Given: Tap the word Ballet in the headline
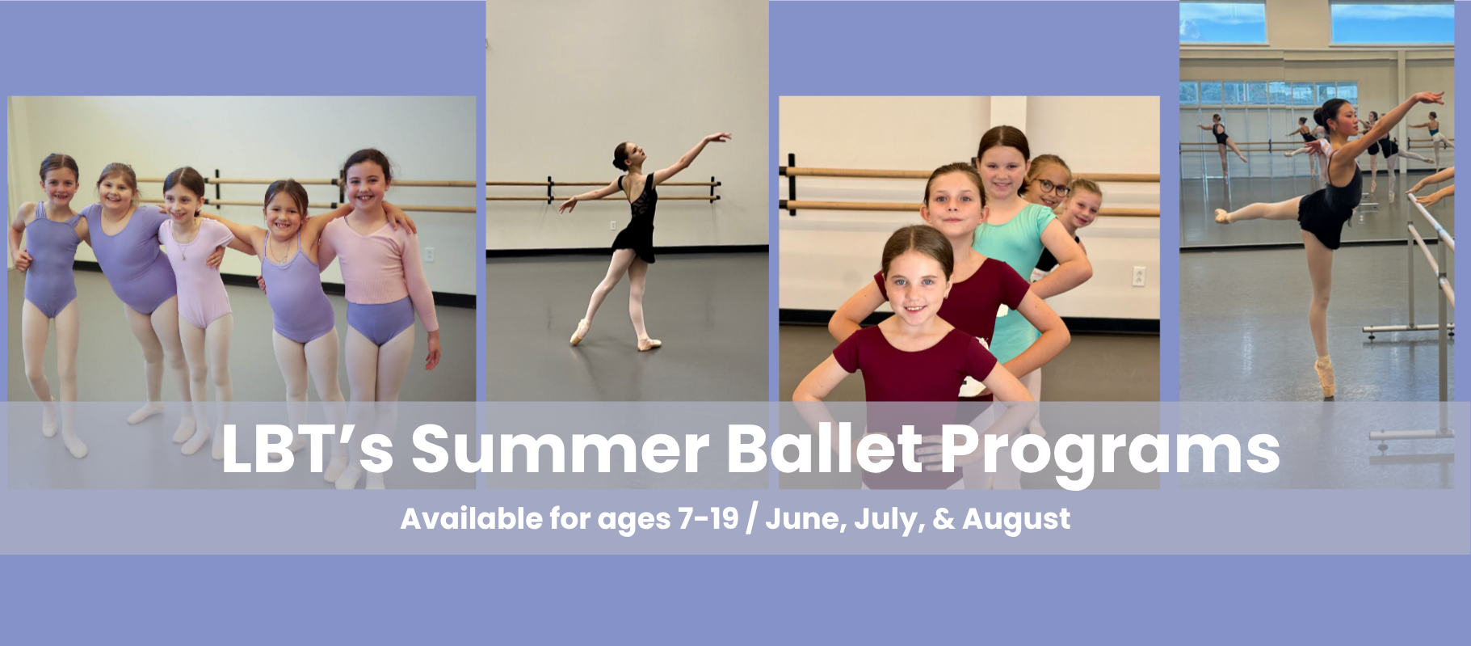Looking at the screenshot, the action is pos(824,447).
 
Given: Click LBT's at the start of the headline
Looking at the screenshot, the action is pos(307,447).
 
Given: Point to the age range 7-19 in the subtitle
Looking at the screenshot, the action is pos(708,518).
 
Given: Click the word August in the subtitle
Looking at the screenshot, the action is pos(1016,519).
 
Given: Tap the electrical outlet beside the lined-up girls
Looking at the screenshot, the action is pos(1139,276).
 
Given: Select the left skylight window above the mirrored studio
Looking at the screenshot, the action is pos(1223,22).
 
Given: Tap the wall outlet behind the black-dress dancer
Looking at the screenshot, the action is pos(612,226).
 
